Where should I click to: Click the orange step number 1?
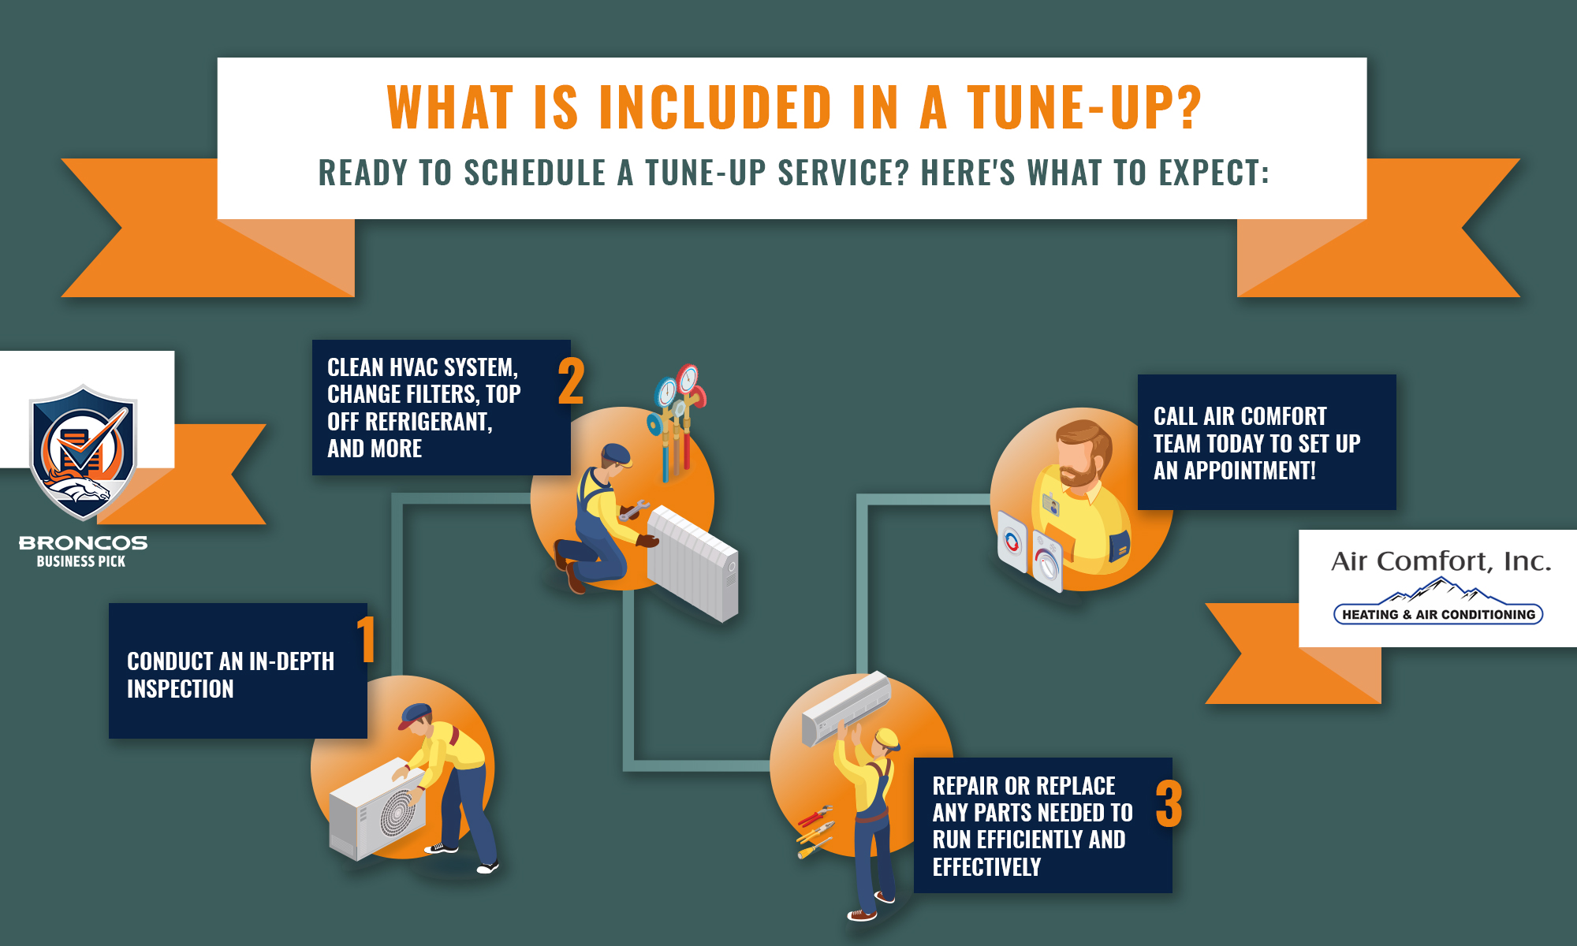[x=366, y=639]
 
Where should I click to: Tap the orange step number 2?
[x=572, y=381]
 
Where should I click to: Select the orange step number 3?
[x=1169, y=803]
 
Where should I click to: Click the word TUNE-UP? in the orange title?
[x=1084, y=106]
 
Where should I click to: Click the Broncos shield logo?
[x=83, y=453]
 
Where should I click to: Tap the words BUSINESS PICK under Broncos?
[x=81, y=561]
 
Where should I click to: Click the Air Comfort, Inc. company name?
[x=1441, y=561]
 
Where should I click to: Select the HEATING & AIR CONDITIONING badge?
[x=1438, y=614]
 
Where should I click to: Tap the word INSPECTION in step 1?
[x=181, y=689]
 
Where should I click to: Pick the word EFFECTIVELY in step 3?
[x=986, y=867]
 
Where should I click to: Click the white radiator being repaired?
[x=692, y=563]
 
